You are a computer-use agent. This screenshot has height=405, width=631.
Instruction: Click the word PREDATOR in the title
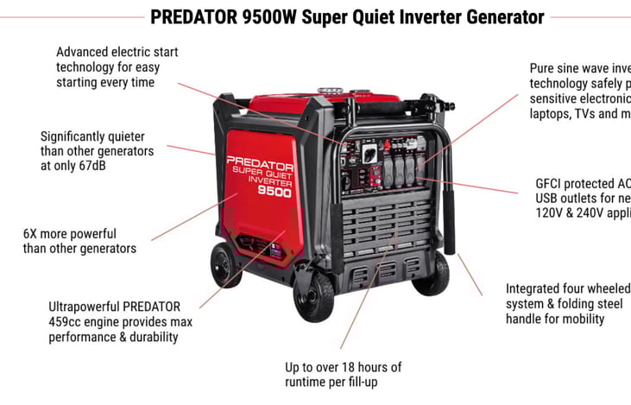197,16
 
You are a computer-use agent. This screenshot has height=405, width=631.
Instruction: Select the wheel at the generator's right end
432,275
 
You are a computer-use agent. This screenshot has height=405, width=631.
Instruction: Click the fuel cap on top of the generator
327,88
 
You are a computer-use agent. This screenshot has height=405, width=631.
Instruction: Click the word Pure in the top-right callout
544,66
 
